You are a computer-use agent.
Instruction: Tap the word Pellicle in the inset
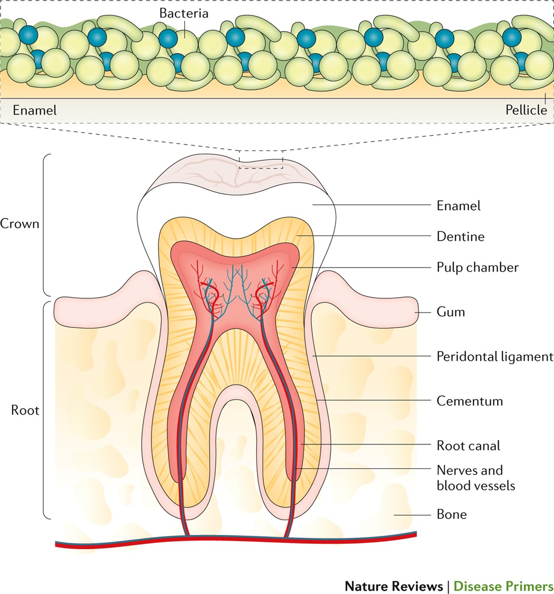tap(526, 111)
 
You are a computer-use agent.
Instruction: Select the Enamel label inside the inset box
tap(34, 111)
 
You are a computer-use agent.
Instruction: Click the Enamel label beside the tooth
tap(459, 205)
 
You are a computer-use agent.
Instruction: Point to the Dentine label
tap(460, 236)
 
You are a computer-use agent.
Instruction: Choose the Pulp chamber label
tap(477, 267)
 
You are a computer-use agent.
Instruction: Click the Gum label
tap(451, 312)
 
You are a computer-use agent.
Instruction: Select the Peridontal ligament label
tap(494, 356)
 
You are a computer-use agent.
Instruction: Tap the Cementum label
tap(470, 401)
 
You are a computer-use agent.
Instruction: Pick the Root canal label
tap(468, 445)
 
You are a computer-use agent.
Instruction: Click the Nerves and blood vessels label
tap(475, 477)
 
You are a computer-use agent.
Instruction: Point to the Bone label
tap(452, 514)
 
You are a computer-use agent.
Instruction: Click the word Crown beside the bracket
tap(20, 223)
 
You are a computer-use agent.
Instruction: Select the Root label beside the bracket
tap(25, 410)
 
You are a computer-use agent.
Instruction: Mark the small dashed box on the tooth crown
tap(261, 159)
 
